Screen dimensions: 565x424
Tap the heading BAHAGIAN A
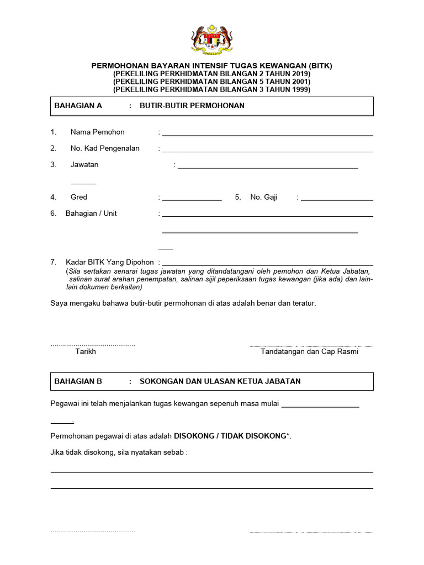point(78,106)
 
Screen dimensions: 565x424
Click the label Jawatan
point(84,164)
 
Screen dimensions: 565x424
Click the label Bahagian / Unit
point(91,214)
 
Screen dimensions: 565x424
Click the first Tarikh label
point(86,351)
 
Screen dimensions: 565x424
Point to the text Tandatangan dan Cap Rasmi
point(309,351)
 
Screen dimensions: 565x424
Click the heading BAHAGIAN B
point(78,381)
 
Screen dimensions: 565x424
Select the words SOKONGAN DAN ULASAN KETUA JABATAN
point(220,381)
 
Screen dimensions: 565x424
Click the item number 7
point(54,262)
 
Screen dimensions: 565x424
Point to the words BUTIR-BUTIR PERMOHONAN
point(192,106)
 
